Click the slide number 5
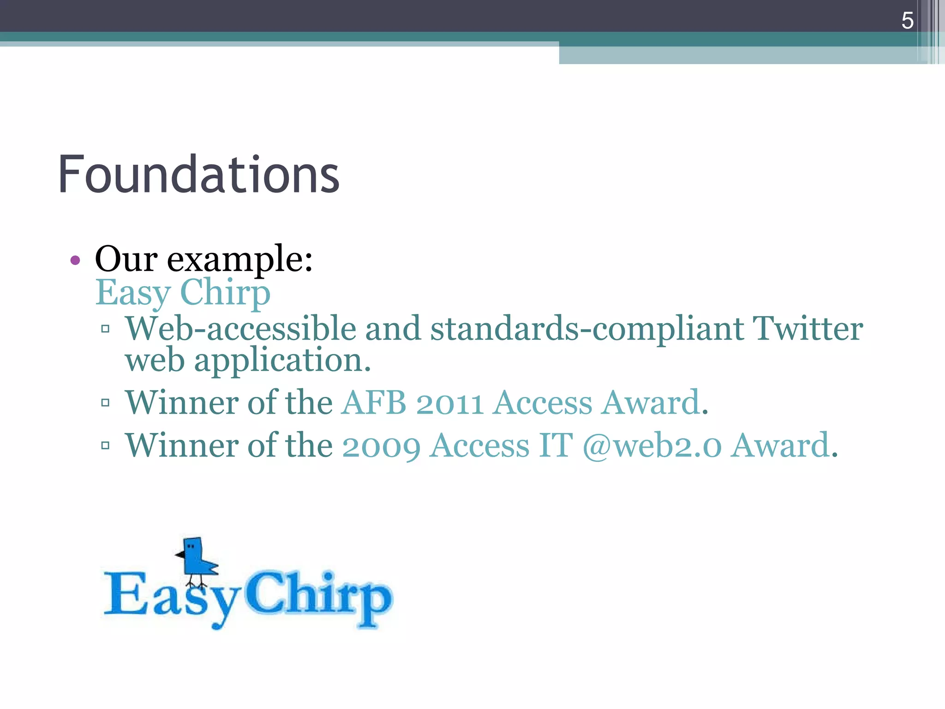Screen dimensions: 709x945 907,21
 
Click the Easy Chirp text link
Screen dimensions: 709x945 183,293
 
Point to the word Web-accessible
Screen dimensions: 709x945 240,329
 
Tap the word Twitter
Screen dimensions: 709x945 807,329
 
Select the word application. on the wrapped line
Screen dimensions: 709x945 282,361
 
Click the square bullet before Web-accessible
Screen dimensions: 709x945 105,329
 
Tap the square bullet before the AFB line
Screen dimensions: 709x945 105,403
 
